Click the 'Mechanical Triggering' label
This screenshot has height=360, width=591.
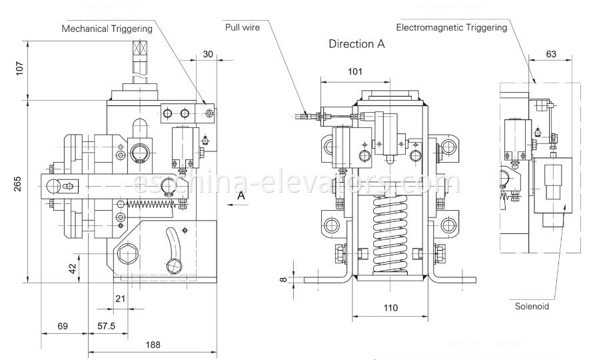(107, 29)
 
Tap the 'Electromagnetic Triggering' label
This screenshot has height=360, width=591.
(451, 27)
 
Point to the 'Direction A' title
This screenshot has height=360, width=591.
(356, 45)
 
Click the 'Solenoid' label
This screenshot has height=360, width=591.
(531, 307)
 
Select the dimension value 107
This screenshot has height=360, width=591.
(18, 68)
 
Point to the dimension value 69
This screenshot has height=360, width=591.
(63, 327)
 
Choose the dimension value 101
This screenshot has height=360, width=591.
(355, 71)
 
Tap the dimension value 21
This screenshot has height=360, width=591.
(120, 298)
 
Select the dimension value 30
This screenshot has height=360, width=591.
(208, 55)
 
